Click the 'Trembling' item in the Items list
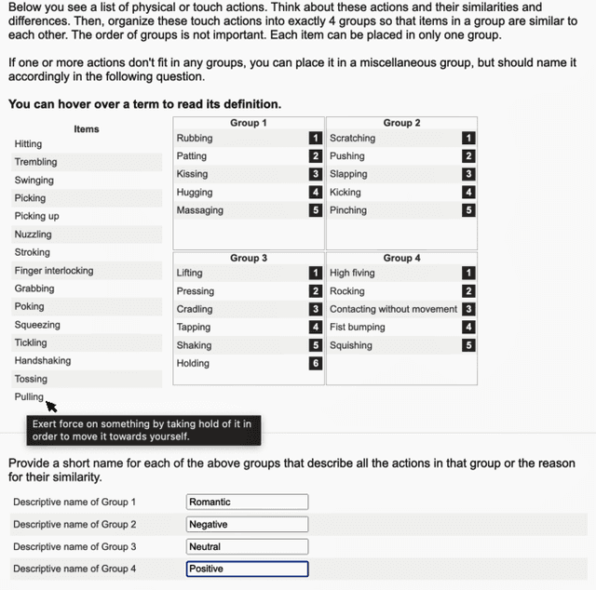click(x=35, y=162)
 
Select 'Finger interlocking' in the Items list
click(x=54, y=271)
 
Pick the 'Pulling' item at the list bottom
click(x=29, y=396)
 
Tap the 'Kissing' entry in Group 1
click(x=192, y=174)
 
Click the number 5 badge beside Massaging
click(x=316, y=210)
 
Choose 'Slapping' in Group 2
click(x=348, y=174)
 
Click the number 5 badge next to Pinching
click(x=468, y=210)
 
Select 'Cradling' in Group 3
click(x=195, y=309)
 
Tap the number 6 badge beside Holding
click(x=316, y=363)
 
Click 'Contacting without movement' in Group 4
click(x=393, y=309)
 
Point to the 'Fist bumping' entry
click(x=356, y=327)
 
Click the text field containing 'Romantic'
click(x=247, y=502)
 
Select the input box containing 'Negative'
click(x=247, y=524)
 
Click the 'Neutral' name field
click(x=247, y=546)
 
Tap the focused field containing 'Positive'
click(x=247, y=569)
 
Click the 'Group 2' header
click(x=401, y=123)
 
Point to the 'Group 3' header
click(x=249, y=258)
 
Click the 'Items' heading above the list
click(x=87, y=128)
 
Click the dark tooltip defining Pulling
click(x=142, y=430)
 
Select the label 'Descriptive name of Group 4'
click(x=74, y=569)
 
